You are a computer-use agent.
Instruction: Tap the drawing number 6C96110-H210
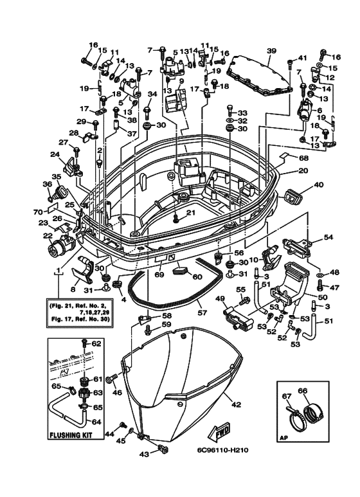click(x=223, y=450)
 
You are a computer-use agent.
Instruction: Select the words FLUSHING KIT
click(x=71, y=435)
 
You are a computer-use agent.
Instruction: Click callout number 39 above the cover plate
click(x=271, y=51)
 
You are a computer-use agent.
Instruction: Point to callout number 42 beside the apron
click(x=236, y=405)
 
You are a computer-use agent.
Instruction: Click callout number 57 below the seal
click(x=203, y=313)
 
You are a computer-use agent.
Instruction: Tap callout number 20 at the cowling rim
click(x=303, y=170)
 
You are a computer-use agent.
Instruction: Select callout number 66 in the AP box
click(x=303, y=391)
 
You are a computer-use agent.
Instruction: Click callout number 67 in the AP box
click(x=287, y=396)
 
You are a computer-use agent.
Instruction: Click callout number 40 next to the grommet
click(x=319, y=185)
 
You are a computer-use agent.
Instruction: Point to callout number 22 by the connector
click(x=48, y=236)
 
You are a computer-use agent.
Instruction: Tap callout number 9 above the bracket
click(x=181, y=81)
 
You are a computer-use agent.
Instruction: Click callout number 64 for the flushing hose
click(x=96, y=422)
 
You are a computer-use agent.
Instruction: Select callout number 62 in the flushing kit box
click(x=96, y=343)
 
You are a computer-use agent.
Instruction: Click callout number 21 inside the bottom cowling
click(x=191, y=212)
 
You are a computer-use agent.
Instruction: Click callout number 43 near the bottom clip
click(x=144, y=455)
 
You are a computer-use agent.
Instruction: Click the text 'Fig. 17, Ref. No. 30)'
click(x=80, y=318)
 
